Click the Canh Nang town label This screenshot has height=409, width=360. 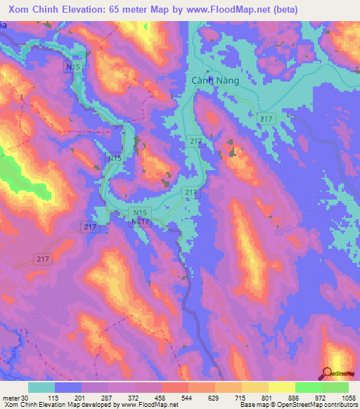[x=215, y=81]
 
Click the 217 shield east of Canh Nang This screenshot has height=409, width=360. [x=265, y=119]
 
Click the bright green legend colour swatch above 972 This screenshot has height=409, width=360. [x=308, y=387]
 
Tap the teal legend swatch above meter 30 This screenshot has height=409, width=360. [x=41, y=387]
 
